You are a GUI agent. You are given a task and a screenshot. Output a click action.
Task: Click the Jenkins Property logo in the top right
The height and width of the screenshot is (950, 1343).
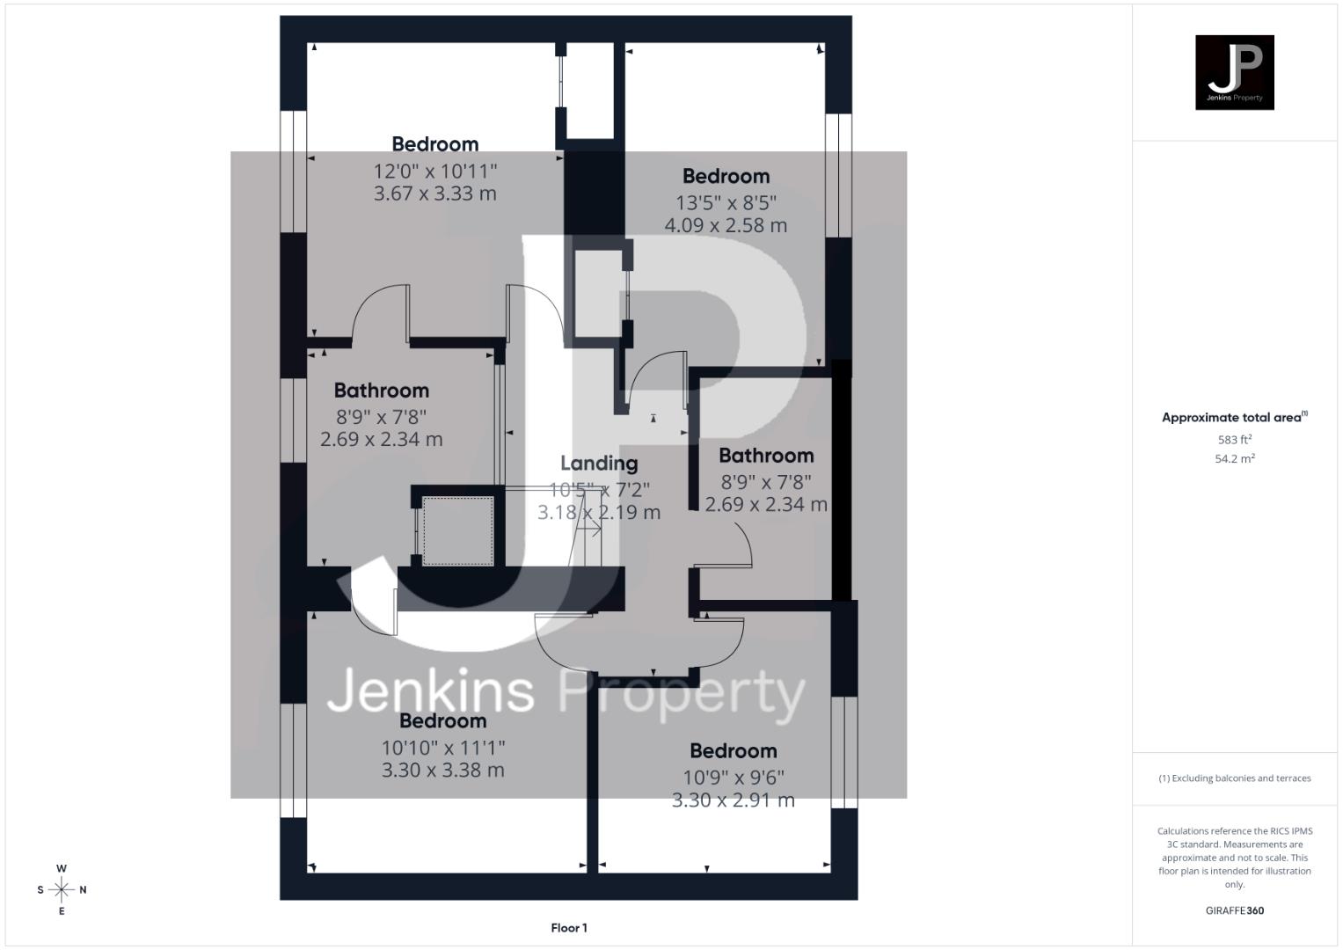pyautogui.click(x=1234, y=72)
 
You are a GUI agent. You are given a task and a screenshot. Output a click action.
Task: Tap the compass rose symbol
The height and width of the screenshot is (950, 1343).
pyautogui.click(x=62, y=890)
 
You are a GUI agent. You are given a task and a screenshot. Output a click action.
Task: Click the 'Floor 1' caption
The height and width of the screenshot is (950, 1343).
pyautogui.click(x=569, y=928)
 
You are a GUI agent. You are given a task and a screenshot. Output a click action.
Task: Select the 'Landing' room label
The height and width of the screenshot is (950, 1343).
pyautogui.click(x=599, y=464)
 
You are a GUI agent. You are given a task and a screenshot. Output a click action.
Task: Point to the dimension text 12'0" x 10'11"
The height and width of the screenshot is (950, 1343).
pyautogui.click(x=435, y=171)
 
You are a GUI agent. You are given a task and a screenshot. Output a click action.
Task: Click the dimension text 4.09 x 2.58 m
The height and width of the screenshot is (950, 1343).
pyautogui.click(x=726, y=225)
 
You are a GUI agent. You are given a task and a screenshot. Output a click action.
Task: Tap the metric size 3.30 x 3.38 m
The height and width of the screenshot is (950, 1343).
pyautogui.click(x=442, y=770)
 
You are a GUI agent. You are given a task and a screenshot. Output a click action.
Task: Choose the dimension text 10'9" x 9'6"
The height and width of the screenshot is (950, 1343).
pyautogui.click(x=734, y=778)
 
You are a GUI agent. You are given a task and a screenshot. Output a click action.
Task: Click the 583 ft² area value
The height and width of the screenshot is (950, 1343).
pyautogui.click(x=1234, y=439)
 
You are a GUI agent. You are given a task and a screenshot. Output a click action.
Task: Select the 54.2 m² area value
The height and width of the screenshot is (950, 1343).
pyautogui.click(x=1234, y=458)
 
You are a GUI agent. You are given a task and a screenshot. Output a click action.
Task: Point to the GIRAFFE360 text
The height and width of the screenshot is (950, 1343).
pyautogui.click(x=1234, y=910)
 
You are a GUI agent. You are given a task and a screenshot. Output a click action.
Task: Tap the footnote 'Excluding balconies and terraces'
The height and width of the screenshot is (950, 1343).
pyautogui.click(x=1234, y=778)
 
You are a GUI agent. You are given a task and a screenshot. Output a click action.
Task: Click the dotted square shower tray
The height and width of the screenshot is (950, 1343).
pyautogui.click(x=457, y=530)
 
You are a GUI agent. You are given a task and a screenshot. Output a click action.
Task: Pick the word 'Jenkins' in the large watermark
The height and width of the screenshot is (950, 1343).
pyautogui.click(x=431, y=691)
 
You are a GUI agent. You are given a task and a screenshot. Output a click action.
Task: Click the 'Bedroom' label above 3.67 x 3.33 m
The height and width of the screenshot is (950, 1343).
pyautogui.click(x=435, y=144)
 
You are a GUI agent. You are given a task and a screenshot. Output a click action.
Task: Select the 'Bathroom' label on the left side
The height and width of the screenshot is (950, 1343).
pyautogui.click(x=382, y=391)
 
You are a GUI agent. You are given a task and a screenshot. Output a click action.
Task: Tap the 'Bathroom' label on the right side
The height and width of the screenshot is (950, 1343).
pyautogui.click(x=766, y=456)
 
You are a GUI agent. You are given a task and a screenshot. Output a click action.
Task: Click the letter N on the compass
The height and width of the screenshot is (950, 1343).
pyautogui.click(x=84, y=890)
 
